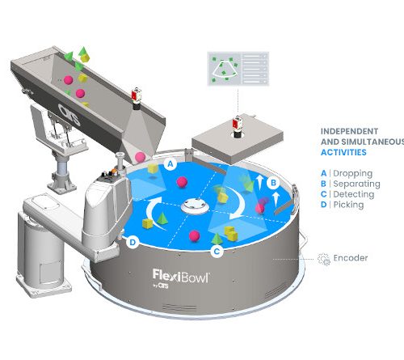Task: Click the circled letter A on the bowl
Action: click(170, 163)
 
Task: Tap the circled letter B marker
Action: click(273, 183)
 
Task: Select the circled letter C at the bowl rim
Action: click(217, 252)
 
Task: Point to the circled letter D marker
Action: click(133, 242)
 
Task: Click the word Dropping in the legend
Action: click(353, 174)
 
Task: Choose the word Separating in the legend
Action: click(356, 184)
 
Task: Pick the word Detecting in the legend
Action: click(354, 194)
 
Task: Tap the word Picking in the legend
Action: click(348, 205)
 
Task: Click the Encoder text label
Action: click(351, 258)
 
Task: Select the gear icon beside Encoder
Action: click(323, 259)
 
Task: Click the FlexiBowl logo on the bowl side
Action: click(181, 276)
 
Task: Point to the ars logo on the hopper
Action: click(69, 114)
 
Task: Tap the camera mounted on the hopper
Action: click(136, 99)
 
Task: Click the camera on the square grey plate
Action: click(237, 127)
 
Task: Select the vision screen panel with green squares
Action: click(238, 69)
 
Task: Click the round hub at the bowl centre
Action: click(196, 206)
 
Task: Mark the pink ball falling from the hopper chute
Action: click(140, 157)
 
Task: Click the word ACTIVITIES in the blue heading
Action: click(343, 152)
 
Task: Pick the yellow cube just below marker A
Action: click(153, 168)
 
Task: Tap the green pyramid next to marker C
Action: click(217, 239)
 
